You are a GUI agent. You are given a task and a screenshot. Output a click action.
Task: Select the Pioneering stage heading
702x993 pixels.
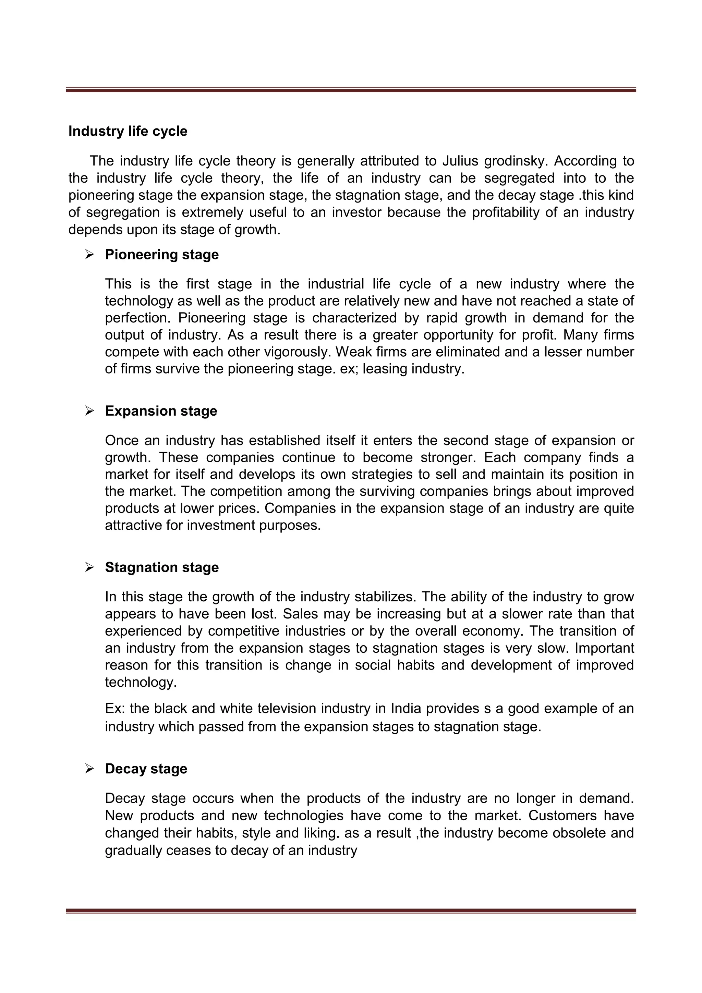[x=161, y=255]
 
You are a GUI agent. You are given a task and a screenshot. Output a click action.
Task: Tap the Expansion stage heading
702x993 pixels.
[x=160, y=411]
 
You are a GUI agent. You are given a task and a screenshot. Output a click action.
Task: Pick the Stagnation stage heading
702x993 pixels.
[x=161, y=567]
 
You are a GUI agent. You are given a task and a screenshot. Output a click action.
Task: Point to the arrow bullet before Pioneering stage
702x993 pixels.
[x=89, y=255]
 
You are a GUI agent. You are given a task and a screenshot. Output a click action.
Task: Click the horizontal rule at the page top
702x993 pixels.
[x=351, y=89]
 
